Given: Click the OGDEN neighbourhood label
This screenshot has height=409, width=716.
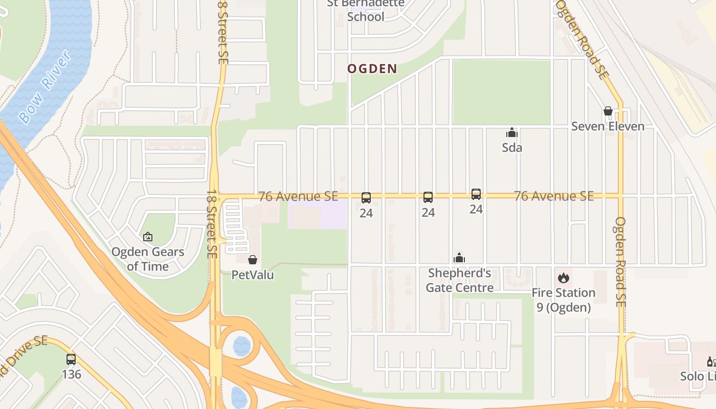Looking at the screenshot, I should (372, 69).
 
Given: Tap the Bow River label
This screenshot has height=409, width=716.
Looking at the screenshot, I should (44, 87).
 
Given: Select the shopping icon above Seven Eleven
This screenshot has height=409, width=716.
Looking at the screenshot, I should (608, 111).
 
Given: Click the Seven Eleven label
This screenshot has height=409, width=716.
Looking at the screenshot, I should (608, 126).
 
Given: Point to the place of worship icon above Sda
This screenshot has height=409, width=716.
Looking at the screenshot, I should (511, 133).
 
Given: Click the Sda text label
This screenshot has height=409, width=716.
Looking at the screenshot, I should (511, 148).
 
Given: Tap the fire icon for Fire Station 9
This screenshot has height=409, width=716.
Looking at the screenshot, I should (564, 278).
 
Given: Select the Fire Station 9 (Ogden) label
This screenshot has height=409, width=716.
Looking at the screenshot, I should (563, 300).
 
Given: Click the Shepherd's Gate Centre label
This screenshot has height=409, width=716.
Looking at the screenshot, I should (459, 280).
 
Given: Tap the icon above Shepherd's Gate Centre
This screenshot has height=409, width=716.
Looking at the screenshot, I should (459, 258).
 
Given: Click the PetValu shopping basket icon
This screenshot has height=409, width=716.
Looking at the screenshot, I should (252, 260).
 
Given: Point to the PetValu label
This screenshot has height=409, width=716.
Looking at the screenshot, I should (253, 275).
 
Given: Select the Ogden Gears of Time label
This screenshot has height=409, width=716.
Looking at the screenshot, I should (148, 259).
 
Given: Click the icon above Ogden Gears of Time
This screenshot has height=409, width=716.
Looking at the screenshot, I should (148, 237).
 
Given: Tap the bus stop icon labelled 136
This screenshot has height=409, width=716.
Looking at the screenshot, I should (71, 359).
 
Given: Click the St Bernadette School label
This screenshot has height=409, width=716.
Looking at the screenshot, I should (366, 10).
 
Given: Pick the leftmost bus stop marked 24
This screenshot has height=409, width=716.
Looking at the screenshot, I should (366, 198).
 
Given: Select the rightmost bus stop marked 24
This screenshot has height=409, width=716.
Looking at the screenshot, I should (476, 194).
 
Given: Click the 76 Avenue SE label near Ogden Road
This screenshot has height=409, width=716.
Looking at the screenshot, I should (554, 196).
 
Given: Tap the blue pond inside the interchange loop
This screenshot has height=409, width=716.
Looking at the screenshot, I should (242, 346).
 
